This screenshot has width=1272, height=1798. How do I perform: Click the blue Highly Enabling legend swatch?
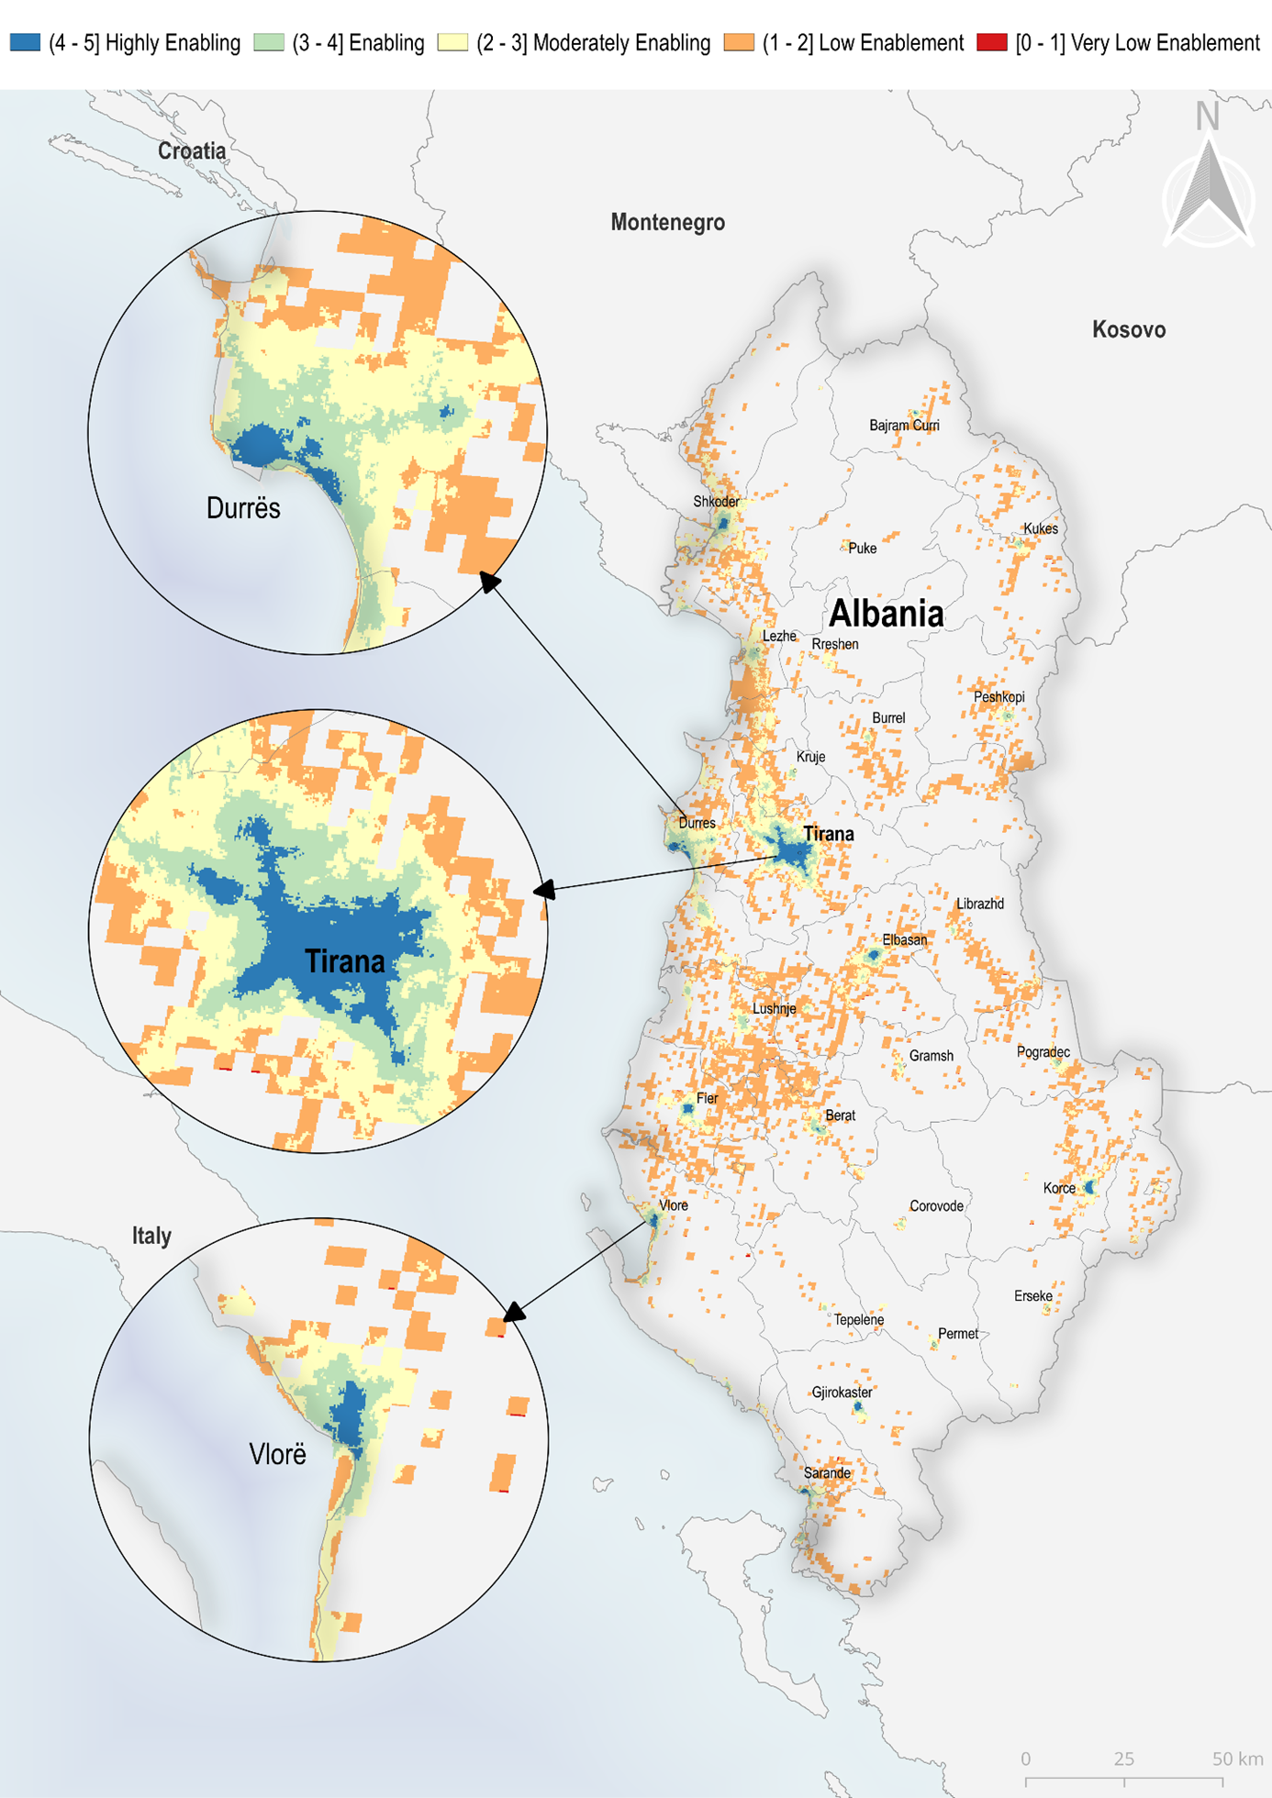[x=25, y=42]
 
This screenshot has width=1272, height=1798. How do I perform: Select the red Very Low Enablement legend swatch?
[x=991, y=42]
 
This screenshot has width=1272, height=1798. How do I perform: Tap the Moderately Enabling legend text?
[x=593, y=43]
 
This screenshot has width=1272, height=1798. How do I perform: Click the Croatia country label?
[x=191, y=151]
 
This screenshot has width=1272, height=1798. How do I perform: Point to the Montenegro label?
[x=667, y=222]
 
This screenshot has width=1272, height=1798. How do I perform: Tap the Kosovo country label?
[x=1128, y=329]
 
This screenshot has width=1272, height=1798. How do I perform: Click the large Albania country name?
[x=886, y=614]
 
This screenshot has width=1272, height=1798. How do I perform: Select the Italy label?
[x=151, y=1236]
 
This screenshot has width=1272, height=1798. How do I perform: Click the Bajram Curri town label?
[x=904, y=425]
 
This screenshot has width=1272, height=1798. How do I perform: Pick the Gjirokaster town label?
[x=842, y=1392]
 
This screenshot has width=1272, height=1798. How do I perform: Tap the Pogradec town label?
[x=1043, y=1051]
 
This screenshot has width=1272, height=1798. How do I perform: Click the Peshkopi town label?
[x=999, y=696]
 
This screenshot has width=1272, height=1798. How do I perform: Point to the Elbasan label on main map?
[x=904, y=939]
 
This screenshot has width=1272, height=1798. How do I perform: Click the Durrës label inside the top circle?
[x=243, y=508]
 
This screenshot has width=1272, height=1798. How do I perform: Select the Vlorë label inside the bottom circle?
[x=277, y=1454]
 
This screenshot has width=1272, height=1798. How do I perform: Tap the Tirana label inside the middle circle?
[x=344, y=961]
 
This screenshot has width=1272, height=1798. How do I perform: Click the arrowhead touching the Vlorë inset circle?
[x=513, y=1312]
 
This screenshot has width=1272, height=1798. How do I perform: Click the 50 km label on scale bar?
[x=1236, y=1759]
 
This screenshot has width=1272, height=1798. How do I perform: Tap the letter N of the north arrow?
[x=1207, y=117]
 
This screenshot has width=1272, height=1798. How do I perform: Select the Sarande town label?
[x=827, y=1472]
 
